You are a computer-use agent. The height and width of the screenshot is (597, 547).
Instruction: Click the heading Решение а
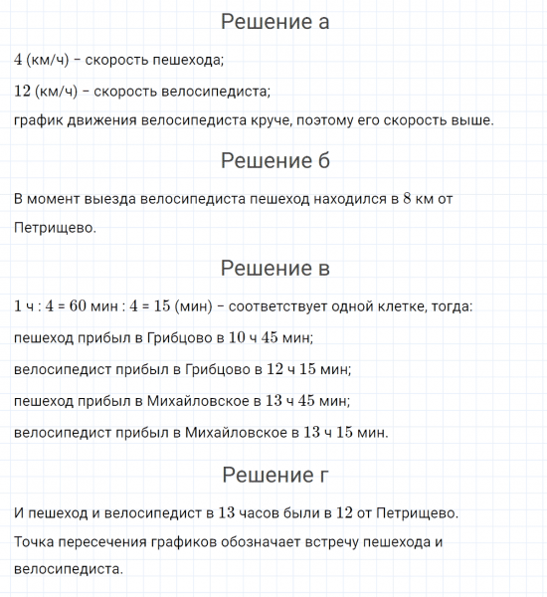coord(274,22)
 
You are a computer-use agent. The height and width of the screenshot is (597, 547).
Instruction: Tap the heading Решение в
coord(274,268)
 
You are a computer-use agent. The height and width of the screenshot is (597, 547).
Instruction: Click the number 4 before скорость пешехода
coord(19,59)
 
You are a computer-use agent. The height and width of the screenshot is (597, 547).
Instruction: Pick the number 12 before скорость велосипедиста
coord(23,91)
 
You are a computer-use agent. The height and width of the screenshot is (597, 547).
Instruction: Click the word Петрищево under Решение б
coord(55,228)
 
